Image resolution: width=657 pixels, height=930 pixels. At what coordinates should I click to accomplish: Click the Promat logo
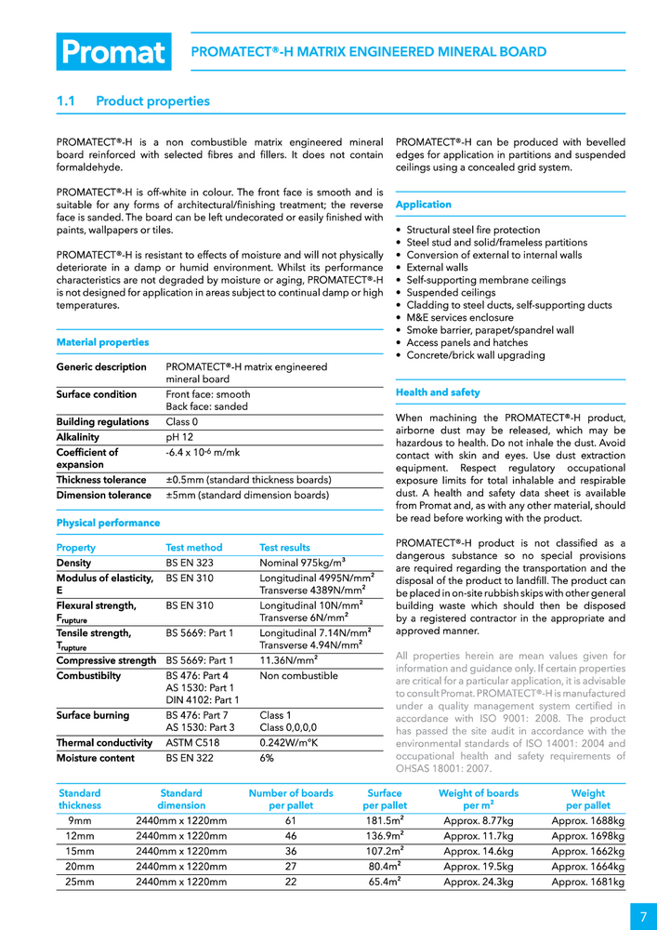[113, 52]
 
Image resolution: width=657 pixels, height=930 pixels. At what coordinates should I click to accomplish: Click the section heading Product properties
[152, 101]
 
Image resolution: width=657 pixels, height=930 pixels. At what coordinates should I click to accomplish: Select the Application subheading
[423, 205]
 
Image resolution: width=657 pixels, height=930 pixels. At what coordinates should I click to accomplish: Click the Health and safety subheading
[438, 392]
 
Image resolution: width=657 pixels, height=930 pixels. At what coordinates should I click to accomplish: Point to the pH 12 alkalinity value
[181, 437]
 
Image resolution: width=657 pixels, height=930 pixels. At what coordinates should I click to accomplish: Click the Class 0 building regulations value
[181, 422]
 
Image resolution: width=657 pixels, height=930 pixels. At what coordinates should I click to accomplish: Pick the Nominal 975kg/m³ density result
[302, 563]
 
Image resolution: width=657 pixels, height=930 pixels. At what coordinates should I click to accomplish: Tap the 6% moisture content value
[267, 758]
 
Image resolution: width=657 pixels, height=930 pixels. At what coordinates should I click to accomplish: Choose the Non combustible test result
[298, 676]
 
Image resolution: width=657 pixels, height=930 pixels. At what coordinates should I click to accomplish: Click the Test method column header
[194, 548]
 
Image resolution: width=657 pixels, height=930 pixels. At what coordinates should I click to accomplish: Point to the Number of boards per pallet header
[291, 799]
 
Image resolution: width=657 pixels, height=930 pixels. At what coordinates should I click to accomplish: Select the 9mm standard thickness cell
[80, 821]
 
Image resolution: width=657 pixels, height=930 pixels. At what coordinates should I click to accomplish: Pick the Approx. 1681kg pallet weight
[587, 882]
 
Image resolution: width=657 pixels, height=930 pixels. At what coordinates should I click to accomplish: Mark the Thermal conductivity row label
[104, 743]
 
